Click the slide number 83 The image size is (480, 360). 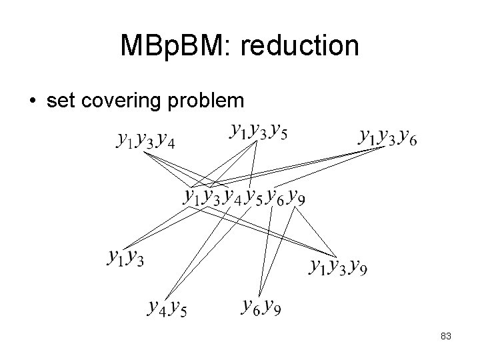[446, 337]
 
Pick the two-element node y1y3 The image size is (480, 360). [125, 256]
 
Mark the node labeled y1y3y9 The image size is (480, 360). [339, 267]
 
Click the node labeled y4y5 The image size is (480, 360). [167, 308]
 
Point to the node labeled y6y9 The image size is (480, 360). [261, 307]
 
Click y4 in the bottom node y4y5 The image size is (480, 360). [157, 308]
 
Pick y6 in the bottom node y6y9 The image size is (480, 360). [251, 307]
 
